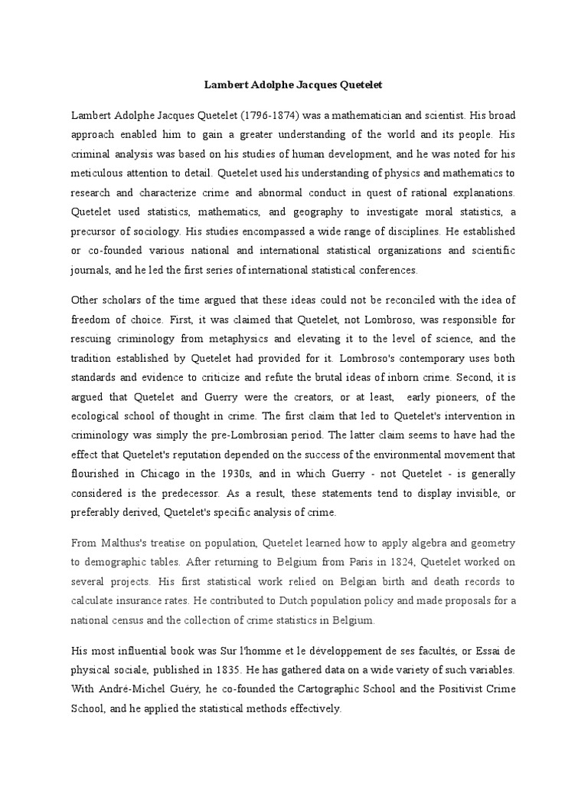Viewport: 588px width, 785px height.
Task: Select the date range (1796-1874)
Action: tap(271, 116)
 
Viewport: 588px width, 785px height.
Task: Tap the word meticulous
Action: tap(99, 173)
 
